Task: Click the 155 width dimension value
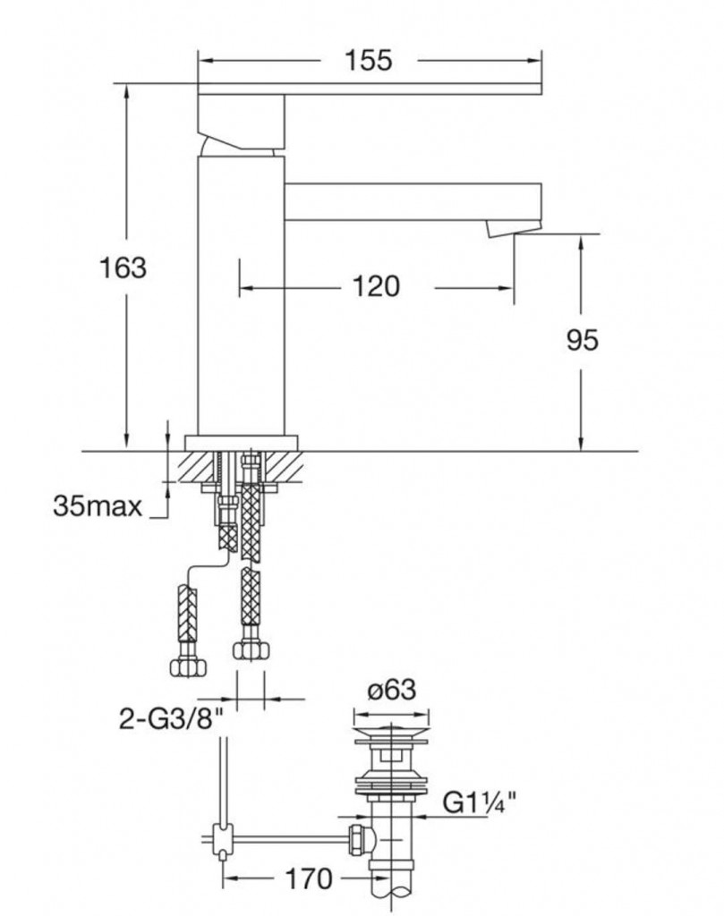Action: [x=368, y=60]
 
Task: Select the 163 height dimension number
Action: [x=124, y=267]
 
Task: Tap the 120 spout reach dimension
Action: [x=376, y=287]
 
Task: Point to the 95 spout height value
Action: [x=582, y=339]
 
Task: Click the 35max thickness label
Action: [x=98, y=507]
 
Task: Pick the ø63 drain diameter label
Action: [x=391, y=690]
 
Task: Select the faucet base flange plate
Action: [x=241, y=442]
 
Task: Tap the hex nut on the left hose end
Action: [x=186, y=666]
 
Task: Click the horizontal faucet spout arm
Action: [x=412, y=201]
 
